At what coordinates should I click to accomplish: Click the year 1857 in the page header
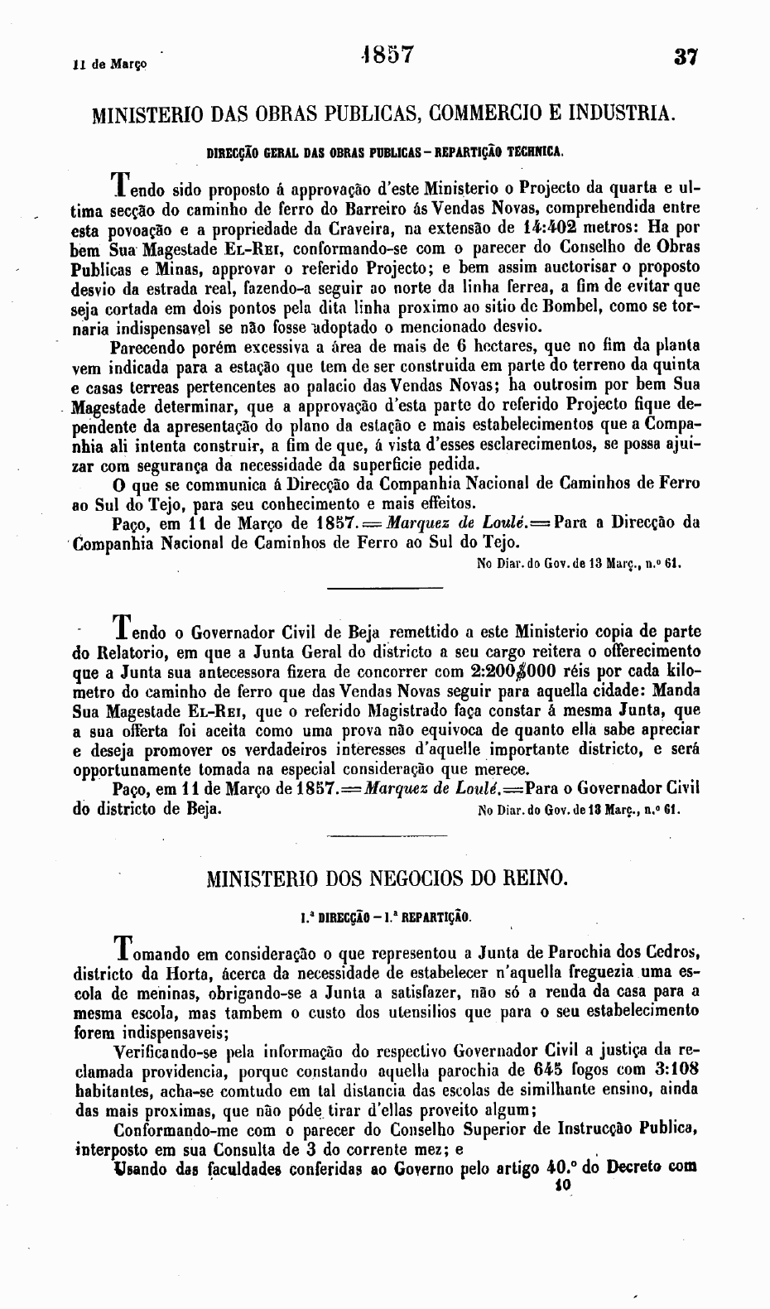[x=387, y=55]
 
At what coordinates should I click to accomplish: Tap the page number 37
[x=687, y=58]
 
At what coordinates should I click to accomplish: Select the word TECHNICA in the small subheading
[x=536, y=152]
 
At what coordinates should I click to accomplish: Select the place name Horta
[x=195, y=970]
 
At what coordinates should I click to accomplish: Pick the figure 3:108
[x=677, y=1070]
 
